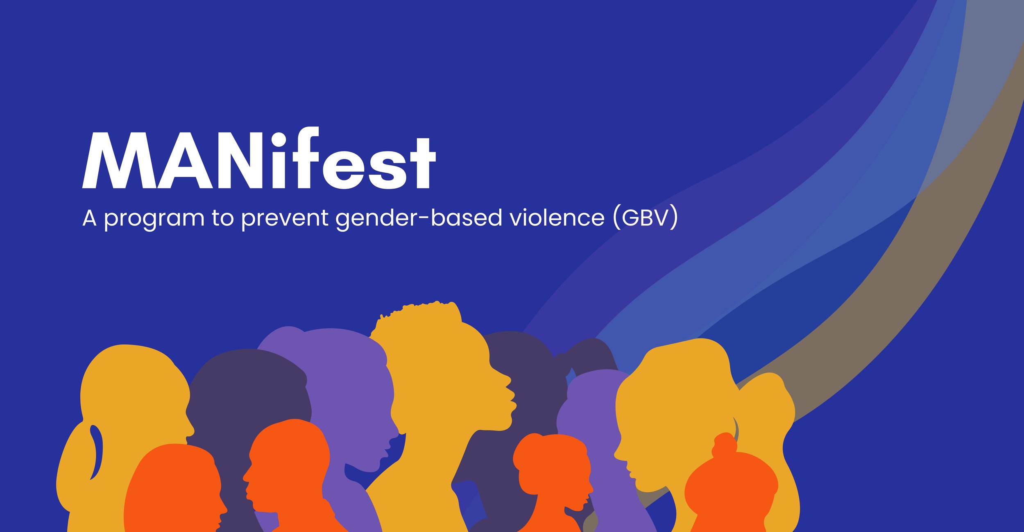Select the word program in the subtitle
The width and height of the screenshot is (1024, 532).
pyautogui.click(x=154, y=218)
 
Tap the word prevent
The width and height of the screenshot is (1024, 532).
pyautogui.click(x=285, y=218)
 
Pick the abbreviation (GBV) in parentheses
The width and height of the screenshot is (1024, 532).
pyautogui.click(x=646, y=218)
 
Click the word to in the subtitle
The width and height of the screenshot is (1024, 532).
pyautogui.click(x=222, y=218)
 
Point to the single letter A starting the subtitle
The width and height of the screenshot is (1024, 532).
pyautogui.click(x=89, y=218)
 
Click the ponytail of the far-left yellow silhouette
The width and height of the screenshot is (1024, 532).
pyautogui.click(x=80, y=462)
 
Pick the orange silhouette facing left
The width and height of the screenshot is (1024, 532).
pyautogui.click(x=287, y=471)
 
